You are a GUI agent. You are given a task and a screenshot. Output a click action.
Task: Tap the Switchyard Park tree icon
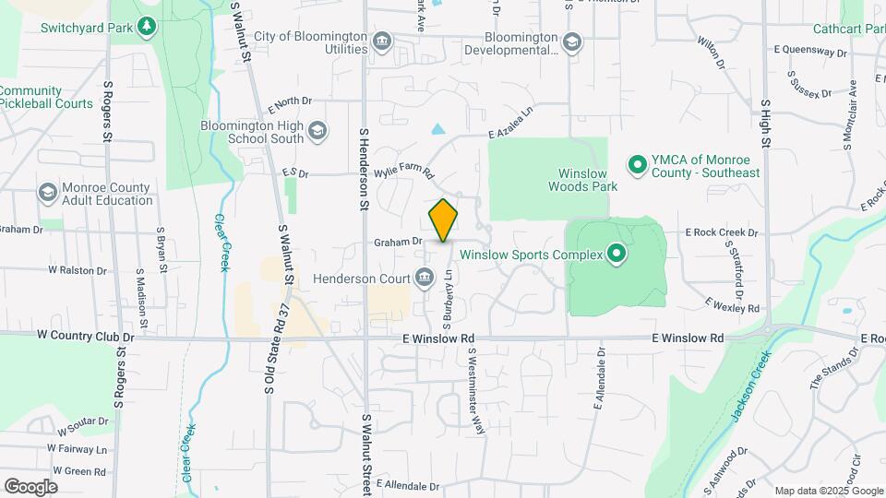point(147,26)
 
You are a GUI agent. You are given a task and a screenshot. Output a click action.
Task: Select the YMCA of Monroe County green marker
point(636,166)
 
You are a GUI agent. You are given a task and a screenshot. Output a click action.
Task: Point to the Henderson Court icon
point(425,277)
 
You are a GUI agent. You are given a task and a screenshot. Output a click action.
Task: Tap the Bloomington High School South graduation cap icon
point(317,132)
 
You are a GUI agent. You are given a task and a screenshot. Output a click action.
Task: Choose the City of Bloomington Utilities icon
point(382,42)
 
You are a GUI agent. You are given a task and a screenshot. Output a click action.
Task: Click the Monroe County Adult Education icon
point(47,193)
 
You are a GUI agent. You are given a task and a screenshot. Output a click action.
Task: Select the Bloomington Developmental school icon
point(572,42)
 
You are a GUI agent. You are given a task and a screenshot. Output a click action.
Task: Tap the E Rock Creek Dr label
point(721,233)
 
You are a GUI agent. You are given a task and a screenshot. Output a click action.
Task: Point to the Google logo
point(30,486)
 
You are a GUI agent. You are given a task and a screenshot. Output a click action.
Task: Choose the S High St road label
point(765,124)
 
